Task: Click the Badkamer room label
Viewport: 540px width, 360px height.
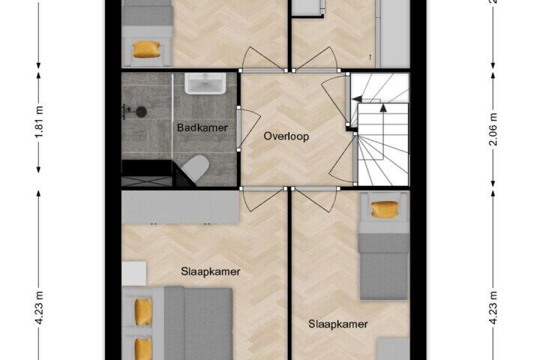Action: [202, 127]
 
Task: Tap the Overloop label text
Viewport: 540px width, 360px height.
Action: [286, 136]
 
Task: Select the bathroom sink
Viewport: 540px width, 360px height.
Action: [205, 83]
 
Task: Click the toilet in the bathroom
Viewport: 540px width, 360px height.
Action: [196, 167]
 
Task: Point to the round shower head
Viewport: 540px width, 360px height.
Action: [141, 112]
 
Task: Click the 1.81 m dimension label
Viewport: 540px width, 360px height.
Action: [39, 121]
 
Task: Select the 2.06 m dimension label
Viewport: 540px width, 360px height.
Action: [493, 129]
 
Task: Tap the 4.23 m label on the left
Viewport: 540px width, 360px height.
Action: [39, 307]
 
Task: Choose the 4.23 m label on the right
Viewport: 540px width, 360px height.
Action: [493, 307]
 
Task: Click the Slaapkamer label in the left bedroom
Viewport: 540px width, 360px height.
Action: [211, 271]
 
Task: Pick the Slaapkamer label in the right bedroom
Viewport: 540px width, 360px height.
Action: [337, 324]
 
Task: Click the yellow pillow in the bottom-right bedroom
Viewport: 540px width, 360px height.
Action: [384, 209]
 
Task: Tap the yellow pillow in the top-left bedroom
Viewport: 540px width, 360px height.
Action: [147, 49]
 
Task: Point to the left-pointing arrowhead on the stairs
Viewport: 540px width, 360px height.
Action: [357, 99]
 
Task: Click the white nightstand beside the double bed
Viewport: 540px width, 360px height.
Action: [134, 273]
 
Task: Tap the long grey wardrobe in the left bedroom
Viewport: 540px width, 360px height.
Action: [181, 207]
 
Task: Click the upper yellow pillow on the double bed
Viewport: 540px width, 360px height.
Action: [143, 312]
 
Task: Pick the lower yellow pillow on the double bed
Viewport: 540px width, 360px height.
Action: [143, 349]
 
